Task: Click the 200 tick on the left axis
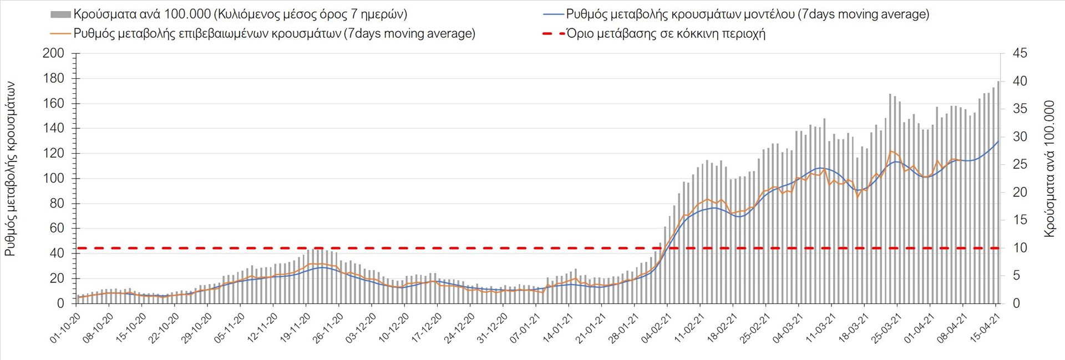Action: click(x=53, y=53)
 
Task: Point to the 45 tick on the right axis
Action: click(x=1020, y=53)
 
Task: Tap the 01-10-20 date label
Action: click(x=65, y=328)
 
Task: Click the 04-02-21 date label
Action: click(x=656, y=328)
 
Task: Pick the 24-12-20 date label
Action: click(x=459, y=328)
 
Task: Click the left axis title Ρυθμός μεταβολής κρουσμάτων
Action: click(x=10, y=169)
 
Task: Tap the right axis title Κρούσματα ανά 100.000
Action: click(x=1049, y=169)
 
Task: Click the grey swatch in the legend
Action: click(x=60, y=14)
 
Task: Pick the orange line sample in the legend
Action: click(x=60, y=34)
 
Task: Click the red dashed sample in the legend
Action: click(x=553, y=34)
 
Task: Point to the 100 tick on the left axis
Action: click(x=53, y=179)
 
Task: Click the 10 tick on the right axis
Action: click(x=1020, y=248)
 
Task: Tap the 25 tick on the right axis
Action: click(x=1020, y=164)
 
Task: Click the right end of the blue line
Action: click(x=998, y=141)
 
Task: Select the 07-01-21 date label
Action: click(x=525, y=328)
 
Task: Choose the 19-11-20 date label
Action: click(x=295, y=328)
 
